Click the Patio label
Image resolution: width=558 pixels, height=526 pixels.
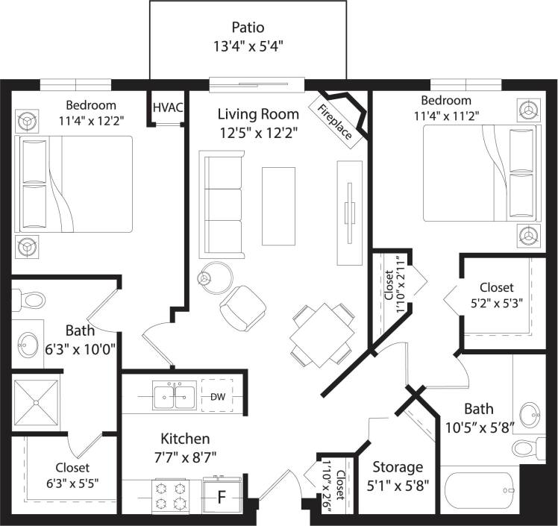tap(248, 28)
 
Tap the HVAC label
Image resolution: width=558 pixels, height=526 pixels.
tap(168, 107)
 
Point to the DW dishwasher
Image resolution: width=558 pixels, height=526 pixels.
tap(217, 397)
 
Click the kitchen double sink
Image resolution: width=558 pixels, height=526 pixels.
tap(175, 396)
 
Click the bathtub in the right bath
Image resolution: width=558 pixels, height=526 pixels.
tap(477, 493)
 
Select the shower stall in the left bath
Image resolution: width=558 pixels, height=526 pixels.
tap(37, 401)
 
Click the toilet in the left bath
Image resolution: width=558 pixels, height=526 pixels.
tap(31, 300)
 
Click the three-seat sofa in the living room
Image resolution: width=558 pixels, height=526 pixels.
tap(222, 201)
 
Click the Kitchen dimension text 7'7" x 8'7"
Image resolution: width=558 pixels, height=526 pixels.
tap(185, 457)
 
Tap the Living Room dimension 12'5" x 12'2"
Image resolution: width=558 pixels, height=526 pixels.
tap(258, 133)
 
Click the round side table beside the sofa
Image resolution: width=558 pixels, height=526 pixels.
tap(214, 277)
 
